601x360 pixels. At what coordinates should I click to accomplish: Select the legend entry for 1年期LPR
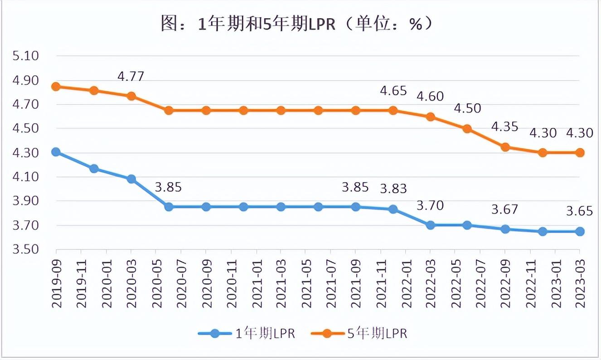(x=247, y=334)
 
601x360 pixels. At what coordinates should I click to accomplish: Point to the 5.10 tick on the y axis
(x=27, y=56)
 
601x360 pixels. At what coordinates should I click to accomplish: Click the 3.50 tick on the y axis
(x=27, y=250)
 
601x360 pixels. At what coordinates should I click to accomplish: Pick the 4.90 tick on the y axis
(x=27, y=81)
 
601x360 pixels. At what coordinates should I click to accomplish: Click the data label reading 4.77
(x=131, y=76)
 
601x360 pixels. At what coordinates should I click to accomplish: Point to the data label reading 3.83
(x=393, y=189)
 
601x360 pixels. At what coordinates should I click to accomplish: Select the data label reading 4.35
(x=504, y=126)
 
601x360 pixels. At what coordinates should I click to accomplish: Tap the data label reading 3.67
(x=505, y=210)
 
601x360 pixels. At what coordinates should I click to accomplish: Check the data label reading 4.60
(x=430, y=97)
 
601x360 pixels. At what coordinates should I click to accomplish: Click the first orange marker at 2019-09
(x=56, y=87)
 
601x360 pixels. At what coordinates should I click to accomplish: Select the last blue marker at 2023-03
(x=579, y=231)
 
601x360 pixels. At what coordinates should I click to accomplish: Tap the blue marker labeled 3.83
(x=393, y=209)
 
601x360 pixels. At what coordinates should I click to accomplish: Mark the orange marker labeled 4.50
(x=467, y=129)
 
